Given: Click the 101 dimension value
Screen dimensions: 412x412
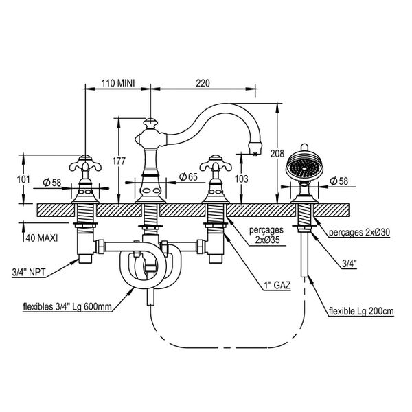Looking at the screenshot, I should tap(23, 179).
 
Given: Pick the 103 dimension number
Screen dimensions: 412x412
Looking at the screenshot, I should tap(240, 179).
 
